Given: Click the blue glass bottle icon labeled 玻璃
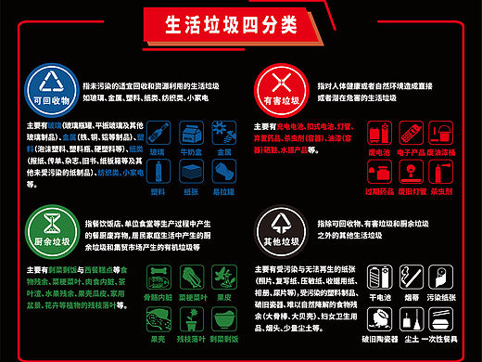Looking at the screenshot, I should point(158,131).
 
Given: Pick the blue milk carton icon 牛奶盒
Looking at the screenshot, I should point(189,131).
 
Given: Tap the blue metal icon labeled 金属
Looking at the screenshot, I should point(222,131).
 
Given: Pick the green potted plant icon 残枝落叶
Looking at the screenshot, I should point(189,319).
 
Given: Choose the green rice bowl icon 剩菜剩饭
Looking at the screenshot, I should point(222,319).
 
